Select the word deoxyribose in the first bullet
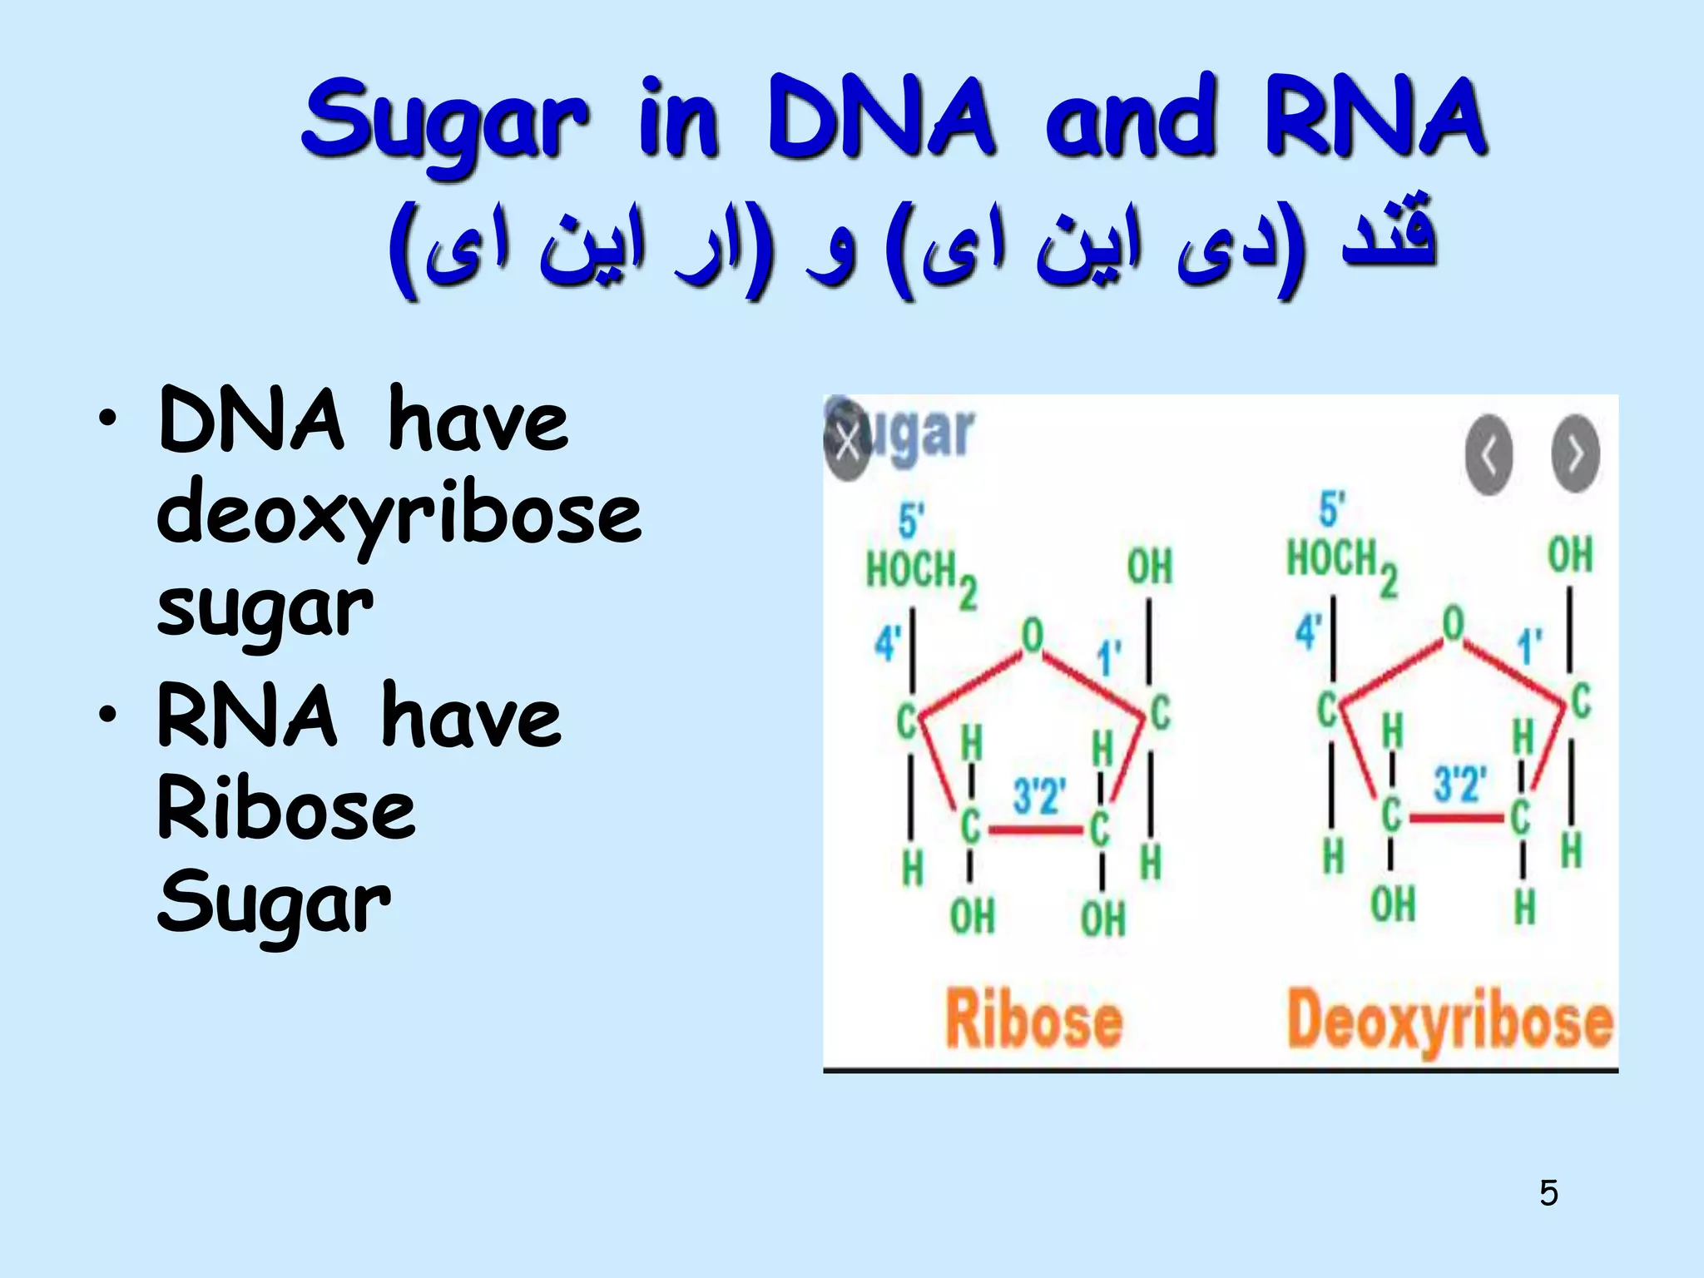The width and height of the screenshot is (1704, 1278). (399, 513)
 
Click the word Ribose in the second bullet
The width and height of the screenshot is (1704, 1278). (286, 808)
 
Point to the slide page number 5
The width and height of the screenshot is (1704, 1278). (1548, 1193)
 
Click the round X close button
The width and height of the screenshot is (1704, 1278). (847, 441)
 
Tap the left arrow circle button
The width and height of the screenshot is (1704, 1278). (1489, 454)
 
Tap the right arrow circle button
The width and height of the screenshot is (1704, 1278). (1575, 454)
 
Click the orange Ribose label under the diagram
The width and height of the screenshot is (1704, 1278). (1033, 1020)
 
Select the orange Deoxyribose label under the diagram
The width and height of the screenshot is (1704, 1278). (1449, 1022)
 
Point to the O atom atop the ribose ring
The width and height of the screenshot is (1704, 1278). (1032, 637)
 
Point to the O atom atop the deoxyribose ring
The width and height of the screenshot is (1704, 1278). (1453, 623)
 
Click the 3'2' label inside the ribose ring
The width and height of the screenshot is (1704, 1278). (1038, 795)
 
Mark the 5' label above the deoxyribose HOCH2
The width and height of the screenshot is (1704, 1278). (1332, 509)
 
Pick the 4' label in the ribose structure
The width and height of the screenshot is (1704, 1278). (888, 643)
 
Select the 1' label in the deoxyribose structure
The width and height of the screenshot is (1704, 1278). (1529, 646)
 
